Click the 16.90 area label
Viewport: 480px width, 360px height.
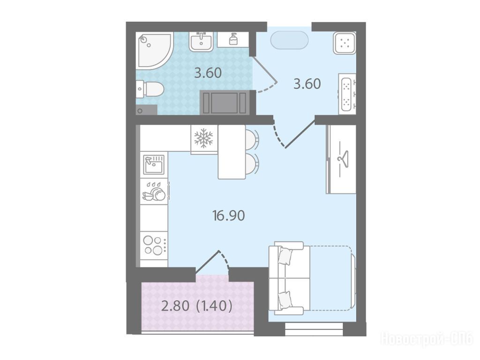click(x=228, y=216)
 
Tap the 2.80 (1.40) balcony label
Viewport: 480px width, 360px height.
click(x=196, y=306)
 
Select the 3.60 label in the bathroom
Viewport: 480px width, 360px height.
click(x=208, y=73)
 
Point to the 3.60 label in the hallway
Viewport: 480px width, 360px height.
click(x=307, y=84)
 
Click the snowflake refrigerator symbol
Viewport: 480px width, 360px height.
click(x=203, y=138)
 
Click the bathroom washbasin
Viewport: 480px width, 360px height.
click(x=201, y=41)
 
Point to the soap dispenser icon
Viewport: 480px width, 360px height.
click(x=233, y=39)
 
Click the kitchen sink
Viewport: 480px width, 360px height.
click(x=154, y=164)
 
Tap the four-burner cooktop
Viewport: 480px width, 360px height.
click(x=154, y=245)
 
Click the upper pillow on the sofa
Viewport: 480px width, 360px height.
click(x=285, y=256)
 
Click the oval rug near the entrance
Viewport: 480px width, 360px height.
click(x=290, y=40)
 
